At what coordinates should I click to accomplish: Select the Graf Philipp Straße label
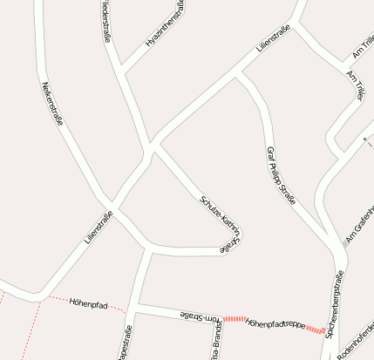[x=281, y=174]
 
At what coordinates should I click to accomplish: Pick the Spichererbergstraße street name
[x=337, y=302]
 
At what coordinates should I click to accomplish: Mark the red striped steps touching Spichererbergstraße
[x=322, y=330]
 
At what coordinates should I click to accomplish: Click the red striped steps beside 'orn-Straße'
[x=235, y=320]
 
